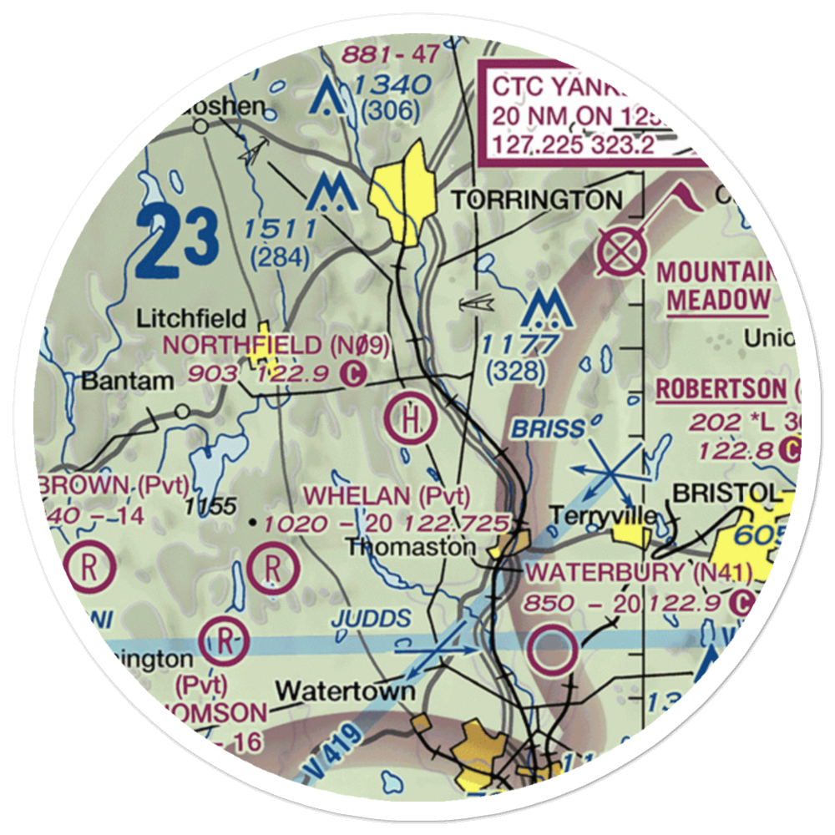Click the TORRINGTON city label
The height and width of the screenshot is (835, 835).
pos(537,200)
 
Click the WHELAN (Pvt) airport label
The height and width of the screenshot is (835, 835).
pos(387,495)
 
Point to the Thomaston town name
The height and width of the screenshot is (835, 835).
pos(411,547)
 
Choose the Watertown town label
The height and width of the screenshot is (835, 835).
pos(346,691)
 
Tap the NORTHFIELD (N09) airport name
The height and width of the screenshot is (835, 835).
pos(265,344)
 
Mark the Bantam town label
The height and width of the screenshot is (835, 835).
pos(128,381)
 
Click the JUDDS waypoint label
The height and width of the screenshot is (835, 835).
pos(371,619)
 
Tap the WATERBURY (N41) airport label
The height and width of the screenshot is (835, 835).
pos(640,574)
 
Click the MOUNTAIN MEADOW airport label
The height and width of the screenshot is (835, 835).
pos(717,286)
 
